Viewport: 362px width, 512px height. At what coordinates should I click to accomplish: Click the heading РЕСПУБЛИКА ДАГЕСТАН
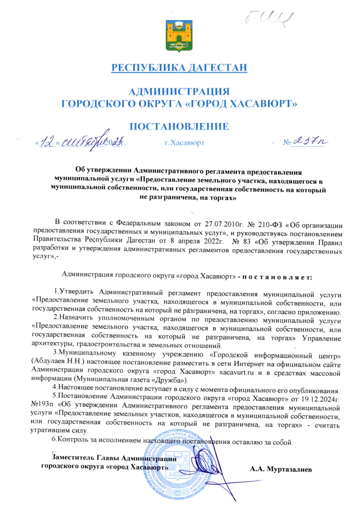[x=179, y=67]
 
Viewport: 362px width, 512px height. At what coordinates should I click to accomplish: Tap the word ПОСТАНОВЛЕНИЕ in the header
[x=179, y=127]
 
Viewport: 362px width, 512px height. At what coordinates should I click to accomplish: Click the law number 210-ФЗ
[x=267, y=222]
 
